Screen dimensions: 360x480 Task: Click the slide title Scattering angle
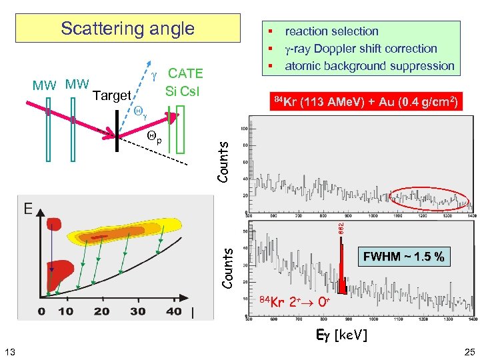(127, 29)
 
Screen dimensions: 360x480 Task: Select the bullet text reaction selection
(331, 31)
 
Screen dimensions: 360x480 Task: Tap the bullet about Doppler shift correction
(361, 49)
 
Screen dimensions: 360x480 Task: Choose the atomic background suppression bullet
(369, 66)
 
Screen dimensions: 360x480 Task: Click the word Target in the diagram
(111, 95)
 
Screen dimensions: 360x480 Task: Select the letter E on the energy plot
(29, 209)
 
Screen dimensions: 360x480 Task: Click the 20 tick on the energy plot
(101, 311)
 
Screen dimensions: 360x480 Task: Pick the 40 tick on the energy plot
(173, 311)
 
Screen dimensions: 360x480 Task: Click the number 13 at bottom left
(11, 351)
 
